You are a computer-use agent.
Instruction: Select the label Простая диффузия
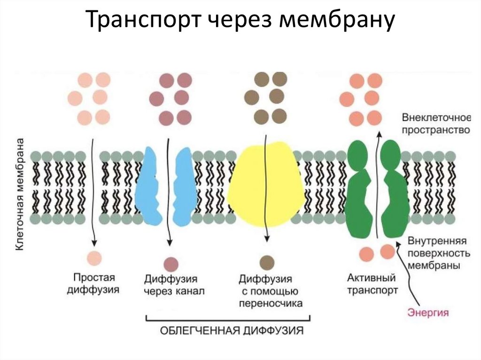coord(93,283)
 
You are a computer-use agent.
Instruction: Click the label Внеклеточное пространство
coord(434,123)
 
